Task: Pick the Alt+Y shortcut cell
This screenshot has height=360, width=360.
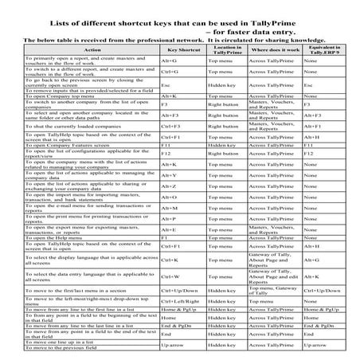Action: point(168,174)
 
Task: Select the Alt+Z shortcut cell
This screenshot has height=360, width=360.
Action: point(168,185)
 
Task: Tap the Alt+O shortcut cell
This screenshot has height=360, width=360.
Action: point(168,196)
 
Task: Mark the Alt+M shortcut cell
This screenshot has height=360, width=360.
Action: point(168,207)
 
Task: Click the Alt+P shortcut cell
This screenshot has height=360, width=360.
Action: point(168,218)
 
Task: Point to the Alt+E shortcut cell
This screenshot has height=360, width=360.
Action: point(168,229)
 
